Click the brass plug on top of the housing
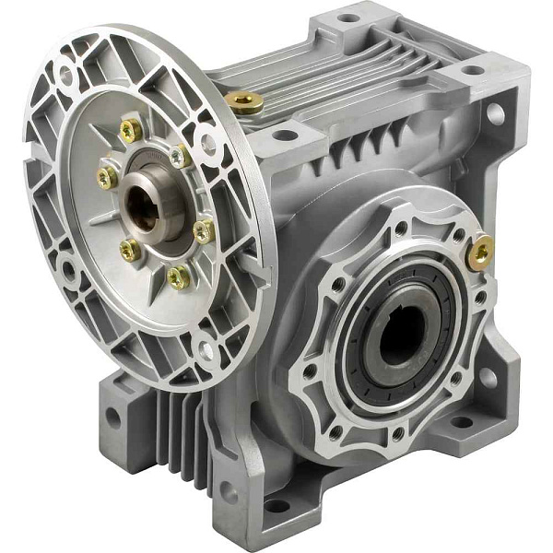(x=244, y=103)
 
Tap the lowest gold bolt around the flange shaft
(x=178, y=276)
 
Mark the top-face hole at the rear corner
(x=347, y=17)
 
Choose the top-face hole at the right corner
(x=471, y=70)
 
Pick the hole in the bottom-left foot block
(x=113, y=416)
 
